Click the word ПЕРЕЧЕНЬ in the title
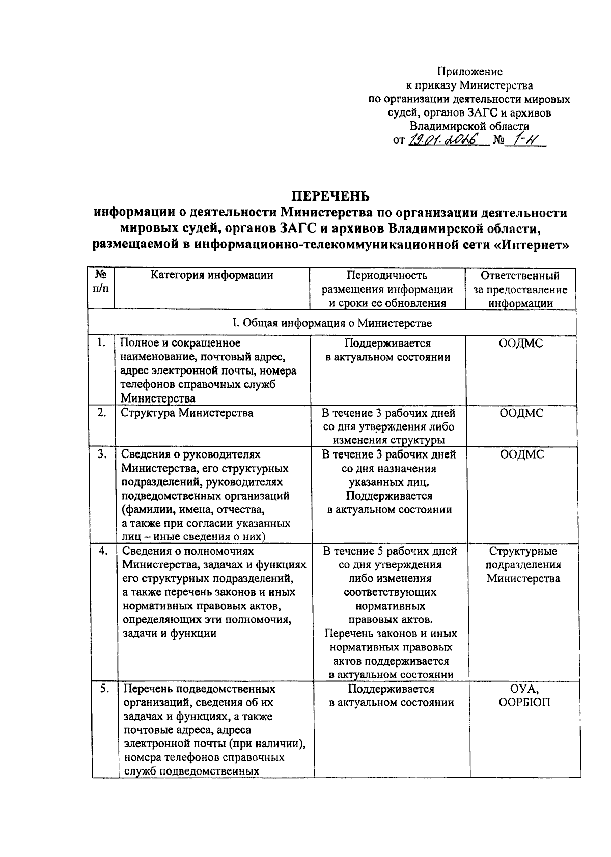(330, 196)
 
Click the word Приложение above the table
(470, 72)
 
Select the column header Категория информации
(212, 275)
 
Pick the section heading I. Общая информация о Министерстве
(331, 323)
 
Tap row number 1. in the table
(101, 343)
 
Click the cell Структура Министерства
(187, 413)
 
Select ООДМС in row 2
(521, 413)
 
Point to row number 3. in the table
(101, 454)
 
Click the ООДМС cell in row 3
(521, 454)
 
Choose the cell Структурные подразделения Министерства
(523, 564)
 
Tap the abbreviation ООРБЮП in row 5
(524, 702)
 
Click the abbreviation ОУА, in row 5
(524, 689)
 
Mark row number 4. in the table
(103, 551)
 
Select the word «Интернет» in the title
(531, 245)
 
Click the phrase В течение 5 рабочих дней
(390, 551)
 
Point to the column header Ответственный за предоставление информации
(520, 290)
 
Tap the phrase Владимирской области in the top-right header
(469, 126)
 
